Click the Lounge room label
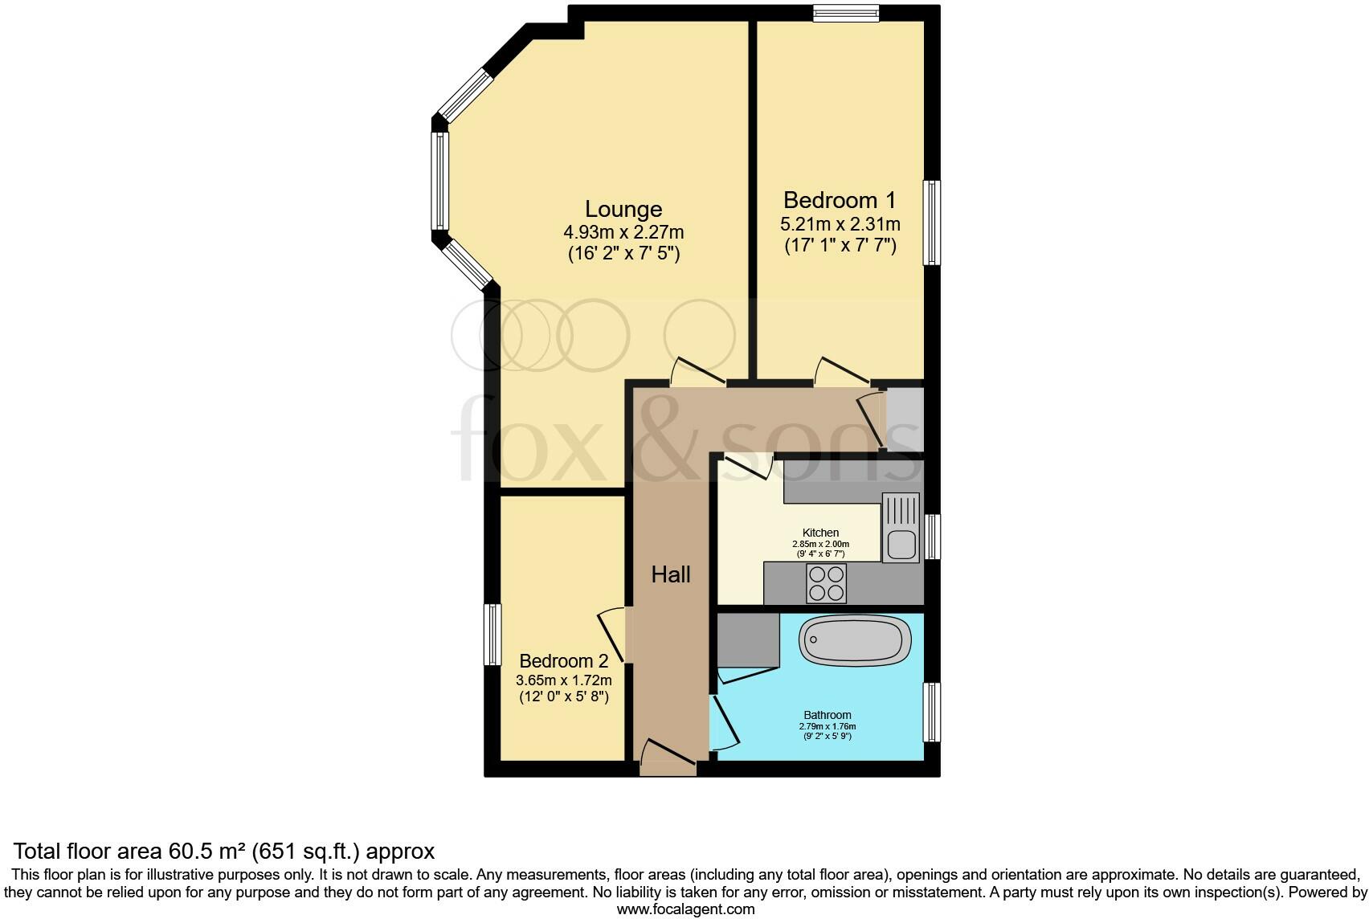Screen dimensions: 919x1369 623,209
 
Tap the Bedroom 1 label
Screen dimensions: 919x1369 840,200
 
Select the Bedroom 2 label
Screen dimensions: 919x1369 563,661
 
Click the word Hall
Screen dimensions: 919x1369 671,574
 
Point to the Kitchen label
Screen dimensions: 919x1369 820,533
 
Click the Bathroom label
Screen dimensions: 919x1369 828,715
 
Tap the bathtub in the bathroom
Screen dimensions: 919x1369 855,641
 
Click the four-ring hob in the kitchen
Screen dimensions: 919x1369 826,584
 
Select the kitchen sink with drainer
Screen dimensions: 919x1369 901,528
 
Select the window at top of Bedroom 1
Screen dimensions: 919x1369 845,13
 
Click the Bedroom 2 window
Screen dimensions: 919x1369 492,635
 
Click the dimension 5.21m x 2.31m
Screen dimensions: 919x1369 840,224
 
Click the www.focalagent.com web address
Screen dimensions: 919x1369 685,909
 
